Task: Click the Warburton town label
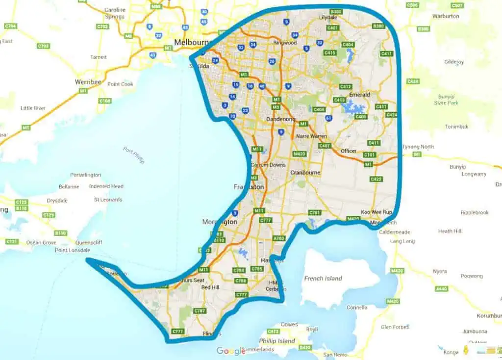pos(446,16)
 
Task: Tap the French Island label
pos(323,279)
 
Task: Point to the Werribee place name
pos(88,81)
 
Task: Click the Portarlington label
pos(85,175)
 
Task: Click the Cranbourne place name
pos(305,173)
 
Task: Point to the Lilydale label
pos(328,17)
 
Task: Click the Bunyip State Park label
pos(446,100)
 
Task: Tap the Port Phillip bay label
pos(133,155)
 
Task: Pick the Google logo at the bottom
pos(231,351)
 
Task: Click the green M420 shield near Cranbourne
pos(300,154)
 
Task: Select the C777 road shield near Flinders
pos(177,332)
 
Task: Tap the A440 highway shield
pos(441,289)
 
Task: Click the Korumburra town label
pos(489,316)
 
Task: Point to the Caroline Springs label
pos(115,13)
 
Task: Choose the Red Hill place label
pos(210,287)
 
